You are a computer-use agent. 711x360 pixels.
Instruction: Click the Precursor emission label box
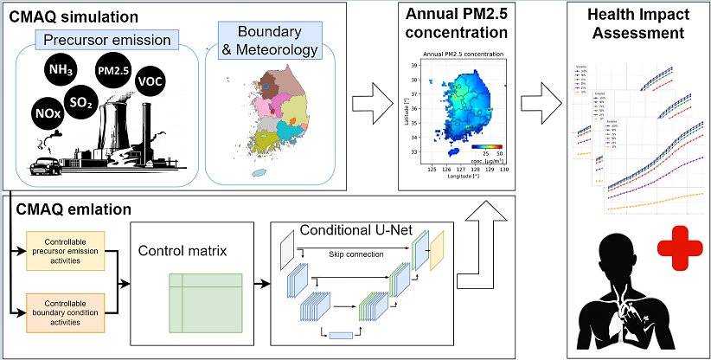click(106, 37)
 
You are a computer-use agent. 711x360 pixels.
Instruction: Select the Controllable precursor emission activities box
click(67, 250)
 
